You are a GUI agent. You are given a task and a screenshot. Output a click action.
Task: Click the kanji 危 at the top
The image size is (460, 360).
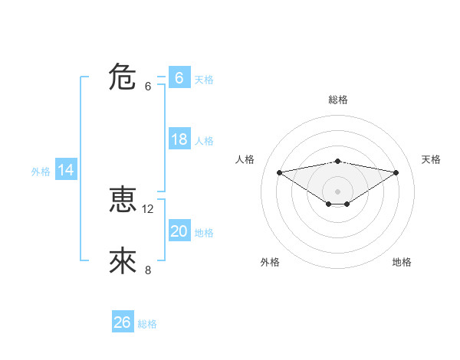[123, 77]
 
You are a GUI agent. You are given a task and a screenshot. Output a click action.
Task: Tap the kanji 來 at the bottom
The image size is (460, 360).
[123, 261]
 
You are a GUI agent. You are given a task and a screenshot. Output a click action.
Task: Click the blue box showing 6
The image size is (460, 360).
[179, 77]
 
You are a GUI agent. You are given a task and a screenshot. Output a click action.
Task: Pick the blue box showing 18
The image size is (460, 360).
[179, 139]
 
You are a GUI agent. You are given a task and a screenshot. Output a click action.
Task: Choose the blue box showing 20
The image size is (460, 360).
[179, 231]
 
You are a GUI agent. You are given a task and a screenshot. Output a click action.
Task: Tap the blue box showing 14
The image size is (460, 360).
[66, 170]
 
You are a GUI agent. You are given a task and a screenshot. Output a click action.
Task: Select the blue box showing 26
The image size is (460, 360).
[122, 322]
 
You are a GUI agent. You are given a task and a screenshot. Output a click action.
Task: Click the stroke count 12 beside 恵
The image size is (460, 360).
[148, 208]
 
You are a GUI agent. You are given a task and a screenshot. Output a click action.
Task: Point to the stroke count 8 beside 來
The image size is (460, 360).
[148, 270]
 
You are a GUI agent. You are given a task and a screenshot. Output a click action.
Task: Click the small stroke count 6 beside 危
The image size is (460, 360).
[148, 86]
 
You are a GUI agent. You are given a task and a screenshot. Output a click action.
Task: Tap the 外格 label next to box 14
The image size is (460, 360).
[41, 172]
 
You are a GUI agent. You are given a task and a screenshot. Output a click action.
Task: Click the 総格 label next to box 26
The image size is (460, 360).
[147, 324]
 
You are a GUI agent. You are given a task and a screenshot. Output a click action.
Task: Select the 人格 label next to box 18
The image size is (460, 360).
[204, 141]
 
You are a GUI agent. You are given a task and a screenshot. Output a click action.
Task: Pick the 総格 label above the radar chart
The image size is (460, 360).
[337, 100]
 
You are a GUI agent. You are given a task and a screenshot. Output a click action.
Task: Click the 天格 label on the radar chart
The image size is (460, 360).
[432, 159]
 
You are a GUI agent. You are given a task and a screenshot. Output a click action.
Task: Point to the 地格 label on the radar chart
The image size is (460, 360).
[402, 262]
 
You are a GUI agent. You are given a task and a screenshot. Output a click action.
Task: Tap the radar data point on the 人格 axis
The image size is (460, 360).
[279, 172]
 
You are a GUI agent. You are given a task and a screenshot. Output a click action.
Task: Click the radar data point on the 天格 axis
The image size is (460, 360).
[396, 172]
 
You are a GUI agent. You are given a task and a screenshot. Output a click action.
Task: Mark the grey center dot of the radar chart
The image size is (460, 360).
[337, 191]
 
